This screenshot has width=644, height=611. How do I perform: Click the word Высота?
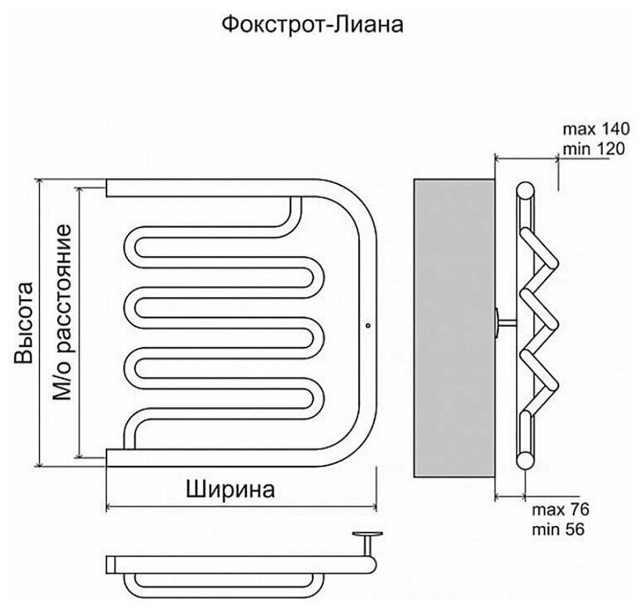pyautogui.click(x=26, y=323)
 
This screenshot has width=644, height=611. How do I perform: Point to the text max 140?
pyautogui.click(x=595, y=129)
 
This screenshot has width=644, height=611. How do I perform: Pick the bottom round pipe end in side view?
pyautogui.click(x=523, y=460)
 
